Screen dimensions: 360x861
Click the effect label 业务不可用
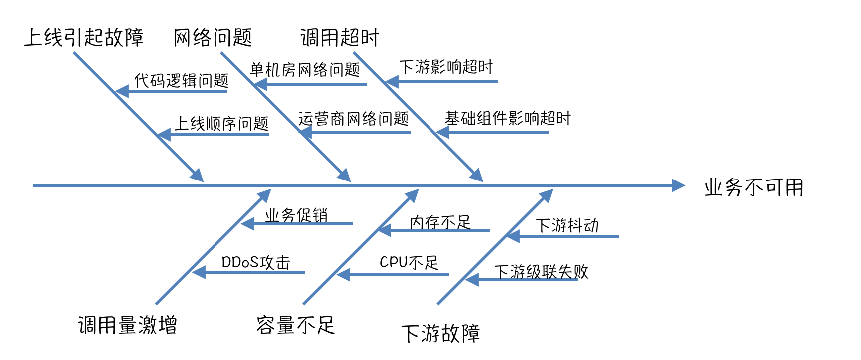pyautogui.click(x=754, y=188)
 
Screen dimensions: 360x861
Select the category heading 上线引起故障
pyautogui.click(x=84, y=38)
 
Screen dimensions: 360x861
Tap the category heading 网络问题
pyautogui.click(x=213, y=38)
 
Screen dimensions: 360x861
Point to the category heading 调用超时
pyautogui.click(x=340, y=38)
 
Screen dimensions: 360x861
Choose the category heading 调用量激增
pyautogui.click(x=127, y=325)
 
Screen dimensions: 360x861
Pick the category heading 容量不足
pyautogui.click(x=295, y=325)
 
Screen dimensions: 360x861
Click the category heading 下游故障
pyautogui.click(x=440, y=333)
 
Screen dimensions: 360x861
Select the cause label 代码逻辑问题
pyautogui.click(x=182, y=80)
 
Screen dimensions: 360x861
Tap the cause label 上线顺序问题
pyautogui.click(x=221, y=123)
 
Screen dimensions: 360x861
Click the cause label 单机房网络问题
pyautogui.click(x=305, y=70)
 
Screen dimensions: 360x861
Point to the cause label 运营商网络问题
pyautogui.click(x=353, y=119)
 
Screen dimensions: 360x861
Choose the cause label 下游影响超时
pyautogui.click(x=446, y=67)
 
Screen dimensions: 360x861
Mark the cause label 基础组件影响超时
pyautogui.click(x=507, y=118)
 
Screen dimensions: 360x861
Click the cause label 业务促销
pyautogui.click(x=296, y=215)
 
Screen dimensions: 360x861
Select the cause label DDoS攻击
pyautogui.click(x=255, y=262)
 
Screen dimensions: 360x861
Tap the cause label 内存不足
pyautogui.click(x=440, y=222)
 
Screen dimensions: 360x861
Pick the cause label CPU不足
pyautogui.click(x=409, y=262)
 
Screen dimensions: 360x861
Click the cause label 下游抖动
pyautogui.click(x=567, y=225)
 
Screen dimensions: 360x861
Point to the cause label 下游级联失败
pyautogui.click(x=541, y=272)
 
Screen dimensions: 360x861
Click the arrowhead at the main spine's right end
pyautogui.click(x=679, y=185)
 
